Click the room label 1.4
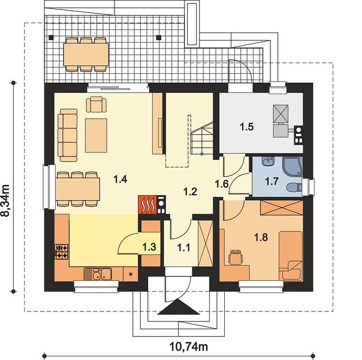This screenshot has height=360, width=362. [120, 179]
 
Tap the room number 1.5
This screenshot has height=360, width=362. [247, 127]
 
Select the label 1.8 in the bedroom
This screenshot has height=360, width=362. [261, 237]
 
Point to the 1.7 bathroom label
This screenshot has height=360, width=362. [271, 181]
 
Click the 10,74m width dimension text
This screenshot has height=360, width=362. [189, 346]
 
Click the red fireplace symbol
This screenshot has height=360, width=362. [147, 205]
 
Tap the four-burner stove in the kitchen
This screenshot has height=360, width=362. [62, 251]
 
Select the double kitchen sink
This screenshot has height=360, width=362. [98, 274]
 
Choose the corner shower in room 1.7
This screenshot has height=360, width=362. [292, 167]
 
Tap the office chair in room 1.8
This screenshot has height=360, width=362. [236, 257]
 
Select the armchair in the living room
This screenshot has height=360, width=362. [96, 104]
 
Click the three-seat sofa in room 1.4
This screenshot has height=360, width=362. [67, 135]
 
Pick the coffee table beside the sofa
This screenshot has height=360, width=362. [96, 136]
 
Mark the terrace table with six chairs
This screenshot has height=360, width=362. [86, 55]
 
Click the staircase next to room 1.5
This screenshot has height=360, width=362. [202, 139]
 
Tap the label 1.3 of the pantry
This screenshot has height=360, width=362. [149, 247]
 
